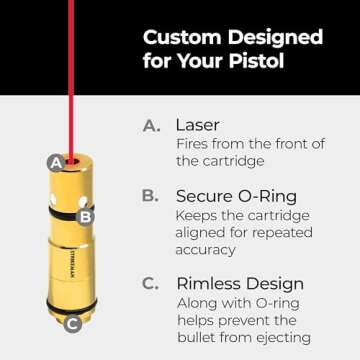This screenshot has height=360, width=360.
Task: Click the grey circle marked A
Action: tap(57, 163)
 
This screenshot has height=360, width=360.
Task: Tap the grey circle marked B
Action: tap(85, 217)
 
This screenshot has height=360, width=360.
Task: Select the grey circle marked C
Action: tap(73, 323)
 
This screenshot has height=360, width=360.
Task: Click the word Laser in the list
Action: tap(197, 125)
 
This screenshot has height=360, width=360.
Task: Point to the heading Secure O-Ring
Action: tap(236, 197)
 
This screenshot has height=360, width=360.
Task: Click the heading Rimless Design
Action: tap(240, 284)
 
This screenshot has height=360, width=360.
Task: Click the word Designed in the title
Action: tap(275, 37)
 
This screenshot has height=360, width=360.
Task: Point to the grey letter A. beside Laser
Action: tap(152, 126)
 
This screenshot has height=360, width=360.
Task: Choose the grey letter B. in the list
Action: tap(150, 196)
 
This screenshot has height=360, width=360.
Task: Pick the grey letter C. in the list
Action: tap(150, 284)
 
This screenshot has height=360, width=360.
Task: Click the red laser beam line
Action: tap(71, 80)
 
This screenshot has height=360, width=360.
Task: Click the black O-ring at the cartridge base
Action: tap(72, 307)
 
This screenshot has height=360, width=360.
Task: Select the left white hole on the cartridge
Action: tap(53, 199)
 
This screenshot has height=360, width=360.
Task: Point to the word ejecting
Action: tap(283, 338)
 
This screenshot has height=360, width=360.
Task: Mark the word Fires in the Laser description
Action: tap(192, 144)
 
